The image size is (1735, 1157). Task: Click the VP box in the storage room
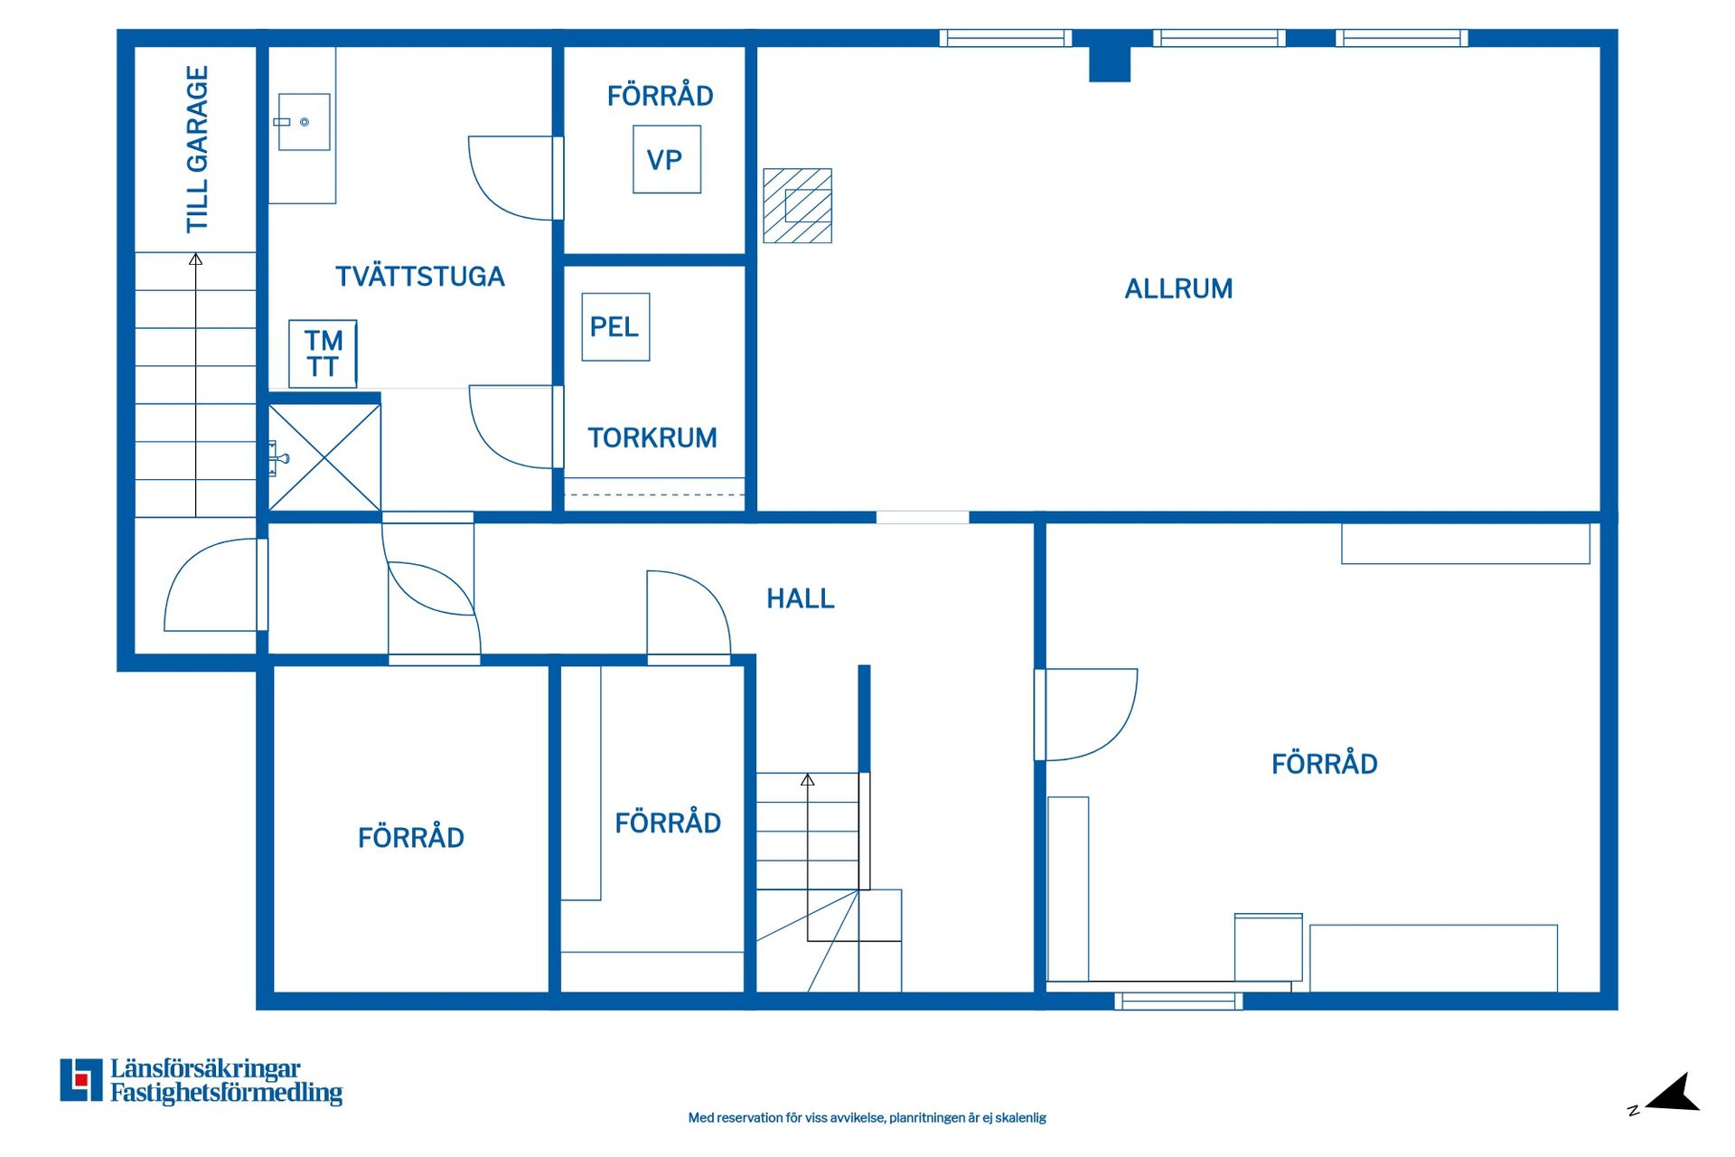click(x=667, y=159)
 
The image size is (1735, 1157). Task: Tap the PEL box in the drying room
click(x=615, y=326)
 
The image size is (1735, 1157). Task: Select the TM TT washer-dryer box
click(x=323, y=353)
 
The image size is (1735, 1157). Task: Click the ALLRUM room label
click(x=1178, y=289)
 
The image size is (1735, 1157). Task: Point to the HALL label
click(x=801, y=598)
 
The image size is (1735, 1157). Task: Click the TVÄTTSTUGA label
click(x=419, y=276)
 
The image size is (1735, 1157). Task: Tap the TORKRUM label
click(x=652, y=437)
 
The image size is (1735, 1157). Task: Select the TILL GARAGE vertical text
click(x=197, y=149)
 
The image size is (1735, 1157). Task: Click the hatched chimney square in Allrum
click(x=797, y=205)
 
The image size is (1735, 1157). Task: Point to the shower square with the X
click(x=324, y=457)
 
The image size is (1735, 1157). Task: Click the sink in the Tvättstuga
click(x=304, y=122)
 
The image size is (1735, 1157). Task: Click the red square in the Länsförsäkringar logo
click(x=81, y=1079)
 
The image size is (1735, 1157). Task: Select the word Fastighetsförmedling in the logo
click(x=226, y=1093)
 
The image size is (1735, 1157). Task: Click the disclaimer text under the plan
click(x=867, y=1118)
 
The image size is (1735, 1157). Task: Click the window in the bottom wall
click(x=1178, y=1001)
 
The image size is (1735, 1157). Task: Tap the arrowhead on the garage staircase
click(x=195, y=259)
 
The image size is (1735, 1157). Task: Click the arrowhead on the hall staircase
click(x=808, y=779)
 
